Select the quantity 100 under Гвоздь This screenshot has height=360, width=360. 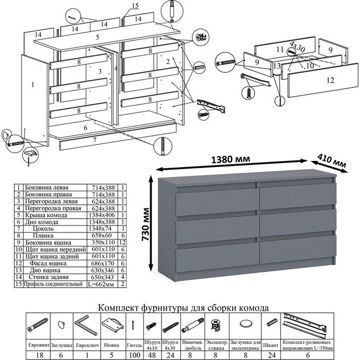click(134, 354)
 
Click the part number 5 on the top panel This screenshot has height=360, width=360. click(97, 38)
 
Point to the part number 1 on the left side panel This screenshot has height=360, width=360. click(32, 82)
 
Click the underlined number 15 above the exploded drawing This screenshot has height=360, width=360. click(135, 6)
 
